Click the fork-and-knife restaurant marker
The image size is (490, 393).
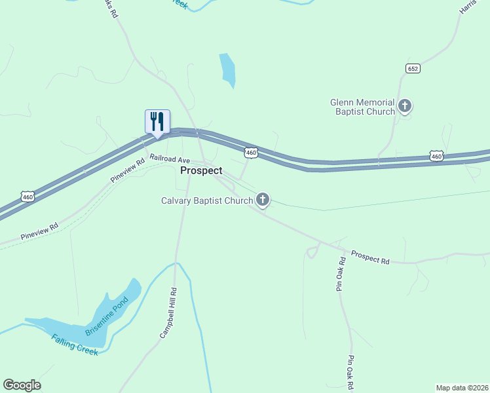click(x=157, y=122)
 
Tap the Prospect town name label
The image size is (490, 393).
click(x=201, y=170)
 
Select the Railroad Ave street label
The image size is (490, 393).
click(x=169, y=160)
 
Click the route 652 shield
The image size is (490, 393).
click(x=412, y=68)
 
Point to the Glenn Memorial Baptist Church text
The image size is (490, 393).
click(x=362, y=107)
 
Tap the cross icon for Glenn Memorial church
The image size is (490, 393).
click(x=405, y=105)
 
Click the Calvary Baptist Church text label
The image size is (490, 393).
click(x=206, y=200)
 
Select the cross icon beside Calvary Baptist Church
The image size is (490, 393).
click(x=263, y=199)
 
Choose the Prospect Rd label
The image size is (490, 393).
click(x=370, y=257)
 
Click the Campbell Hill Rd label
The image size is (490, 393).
click(x=168, y=313)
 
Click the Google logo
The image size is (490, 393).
click(x=22, y=385)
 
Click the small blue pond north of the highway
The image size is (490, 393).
click(x=227, y=69)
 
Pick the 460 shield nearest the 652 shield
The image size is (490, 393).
click(x=437, y=156)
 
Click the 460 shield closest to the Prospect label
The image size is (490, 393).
click(x=251, y=153)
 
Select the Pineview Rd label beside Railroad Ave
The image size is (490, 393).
click(x=127, y=170)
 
